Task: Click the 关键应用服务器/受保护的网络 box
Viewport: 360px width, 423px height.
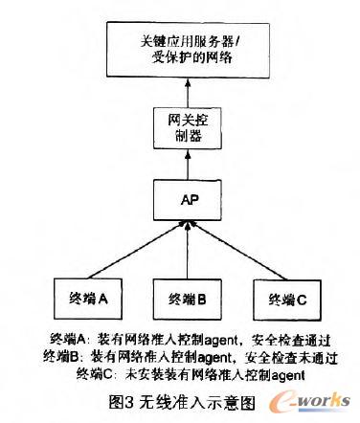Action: tap(181, 49)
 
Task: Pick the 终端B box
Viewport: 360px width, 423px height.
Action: tap(182, 299)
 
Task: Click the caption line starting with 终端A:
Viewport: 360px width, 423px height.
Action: tap(185, 340)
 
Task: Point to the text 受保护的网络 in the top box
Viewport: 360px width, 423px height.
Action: tap(181, 58)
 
